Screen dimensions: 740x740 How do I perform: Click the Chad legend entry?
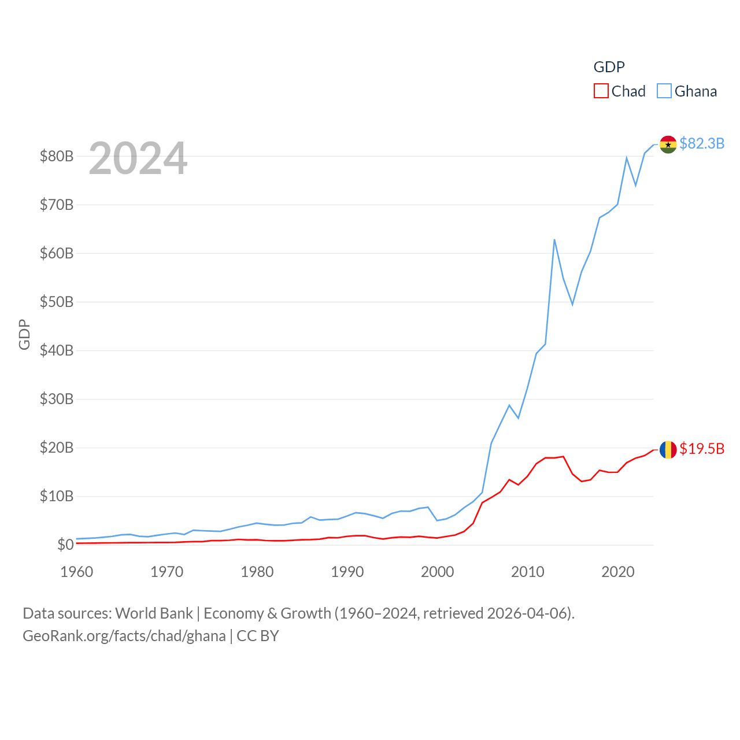click(620, 91)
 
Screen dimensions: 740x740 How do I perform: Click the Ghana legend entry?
click(687, 91)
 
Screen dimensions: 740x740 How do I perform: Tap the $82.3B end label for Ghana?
click(702, 143)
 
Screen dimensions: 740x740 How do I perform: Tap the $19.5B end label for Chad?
click(702, 449)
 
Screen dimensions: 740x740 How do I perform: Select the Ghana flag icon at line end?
click(668, 145)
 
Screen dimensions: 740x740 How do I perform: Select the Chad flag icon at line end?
click(668, 449)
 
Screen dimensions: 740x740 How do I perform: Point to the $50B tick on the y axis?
click(57, 302)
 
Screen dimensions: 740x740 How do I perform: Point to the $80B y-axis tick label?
click(57, 156)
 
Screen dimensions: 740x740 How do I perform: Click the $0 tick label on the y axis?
click(65, 545)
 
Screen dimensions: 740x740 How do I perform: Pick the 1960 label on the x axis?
click(77, 572)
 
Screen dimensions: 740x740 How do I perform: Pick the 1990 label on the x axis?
click(347, 572)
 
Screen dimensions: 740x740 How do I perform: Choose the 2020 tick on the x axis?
click(618, 572)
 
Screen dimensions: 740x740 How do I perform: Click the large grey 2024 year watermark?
click(138, 158)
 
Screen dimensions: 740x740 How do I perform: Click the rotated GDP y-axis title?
click(24, 334)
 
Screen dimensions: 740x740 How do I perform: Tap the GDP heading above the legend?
click(609, 67)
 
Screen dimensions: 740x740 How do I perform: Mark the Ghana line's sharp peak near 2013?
click(554, 240)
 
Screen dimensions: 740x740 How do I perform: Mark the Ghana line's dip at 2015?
click(572, 304)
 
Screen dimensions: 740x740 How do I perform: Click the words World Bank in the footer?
click(154, 613)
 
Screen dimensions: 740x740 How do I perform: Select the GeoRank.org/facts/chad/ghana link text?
click(124, 636)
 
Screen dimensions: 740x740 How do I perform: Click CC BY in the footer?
click(258, 636)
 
